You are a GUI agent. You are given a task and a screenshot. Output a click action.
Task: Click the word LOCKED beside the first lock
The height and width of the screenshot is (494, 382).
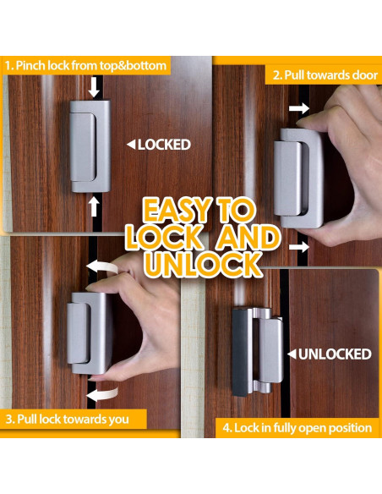[164, 145]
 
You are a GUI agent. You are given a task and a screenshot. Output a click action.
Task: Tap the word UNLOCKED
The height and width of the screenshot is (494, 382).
[334, 354]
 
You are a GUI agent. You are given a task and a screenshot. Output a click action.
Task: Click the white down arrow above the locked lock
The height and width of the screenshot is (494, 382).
[94, 86]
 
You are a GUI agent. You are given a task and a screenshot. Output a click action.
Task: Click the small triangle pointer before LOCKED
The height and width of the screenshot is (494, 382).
[130, 145]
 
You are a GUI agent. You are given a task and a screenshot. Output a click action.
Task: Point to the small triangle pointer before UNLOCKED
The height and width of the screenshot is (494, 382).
[291, 354]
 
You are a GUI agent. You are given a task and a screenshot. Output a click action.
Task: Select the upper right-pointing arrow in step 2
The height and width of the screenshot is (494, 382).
[297, 108]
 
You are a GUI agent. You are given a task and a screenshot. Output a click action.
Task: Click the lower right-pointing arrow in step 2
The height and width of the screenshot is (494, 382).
[298, 246]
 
